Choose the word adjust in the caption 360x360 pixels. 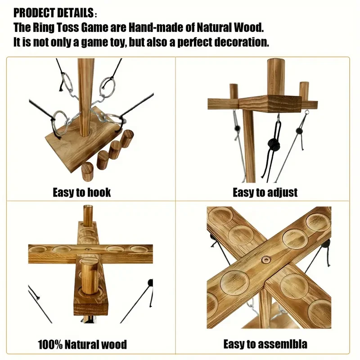pos(281,193)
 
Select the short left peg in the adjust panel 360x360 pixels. pos(234,92)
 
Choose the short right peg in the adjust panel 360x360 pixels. pos(304,92)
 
